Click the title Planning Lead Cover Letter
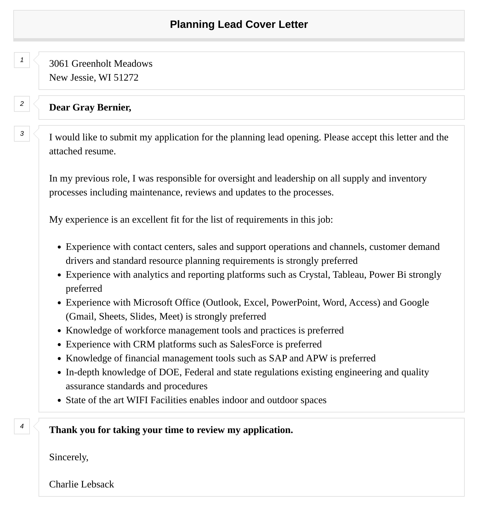click(239, 25)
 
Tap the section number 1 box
click(22, 60)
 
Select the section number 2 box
click(22, 104)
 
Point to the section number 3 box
click(22, 134)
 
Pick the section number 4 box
click(22, 426)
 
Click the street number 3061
click(59, 64)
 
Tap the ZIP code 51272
click(126, 78)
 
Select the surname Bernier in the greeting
click(114, 108)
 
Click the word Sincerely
click(68, 457)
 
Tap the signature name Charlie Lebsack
click(81, 484)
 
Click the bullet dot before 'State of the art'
click(59, 401)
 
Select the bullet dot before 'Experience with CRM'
click(59, 345)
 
